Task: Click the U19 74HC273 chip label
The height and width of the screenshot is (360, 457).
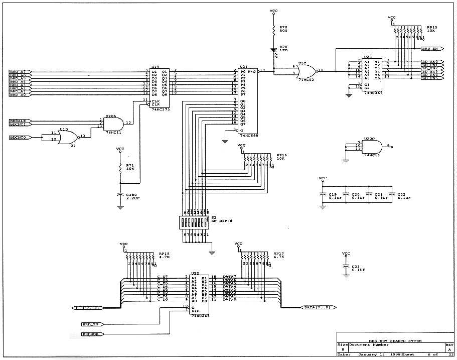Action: [x=155, y=67]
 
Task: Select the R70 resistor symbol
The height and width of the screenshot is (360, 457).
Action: [x=274, y=30]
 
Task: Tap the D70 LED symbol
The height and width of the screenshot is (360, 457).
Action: [x=274, y=50]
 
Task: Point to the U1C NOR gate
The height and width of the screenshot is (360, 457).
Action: [x=306, y=70]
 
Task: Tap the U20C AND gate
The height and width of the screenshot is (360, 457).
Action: [x=373, y=147]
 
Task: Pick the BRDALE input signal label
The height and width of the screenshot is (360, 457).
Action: [x=18, y=121]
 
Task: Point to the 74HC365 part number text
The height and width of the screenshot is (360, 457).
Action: [x=373, y=93]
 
